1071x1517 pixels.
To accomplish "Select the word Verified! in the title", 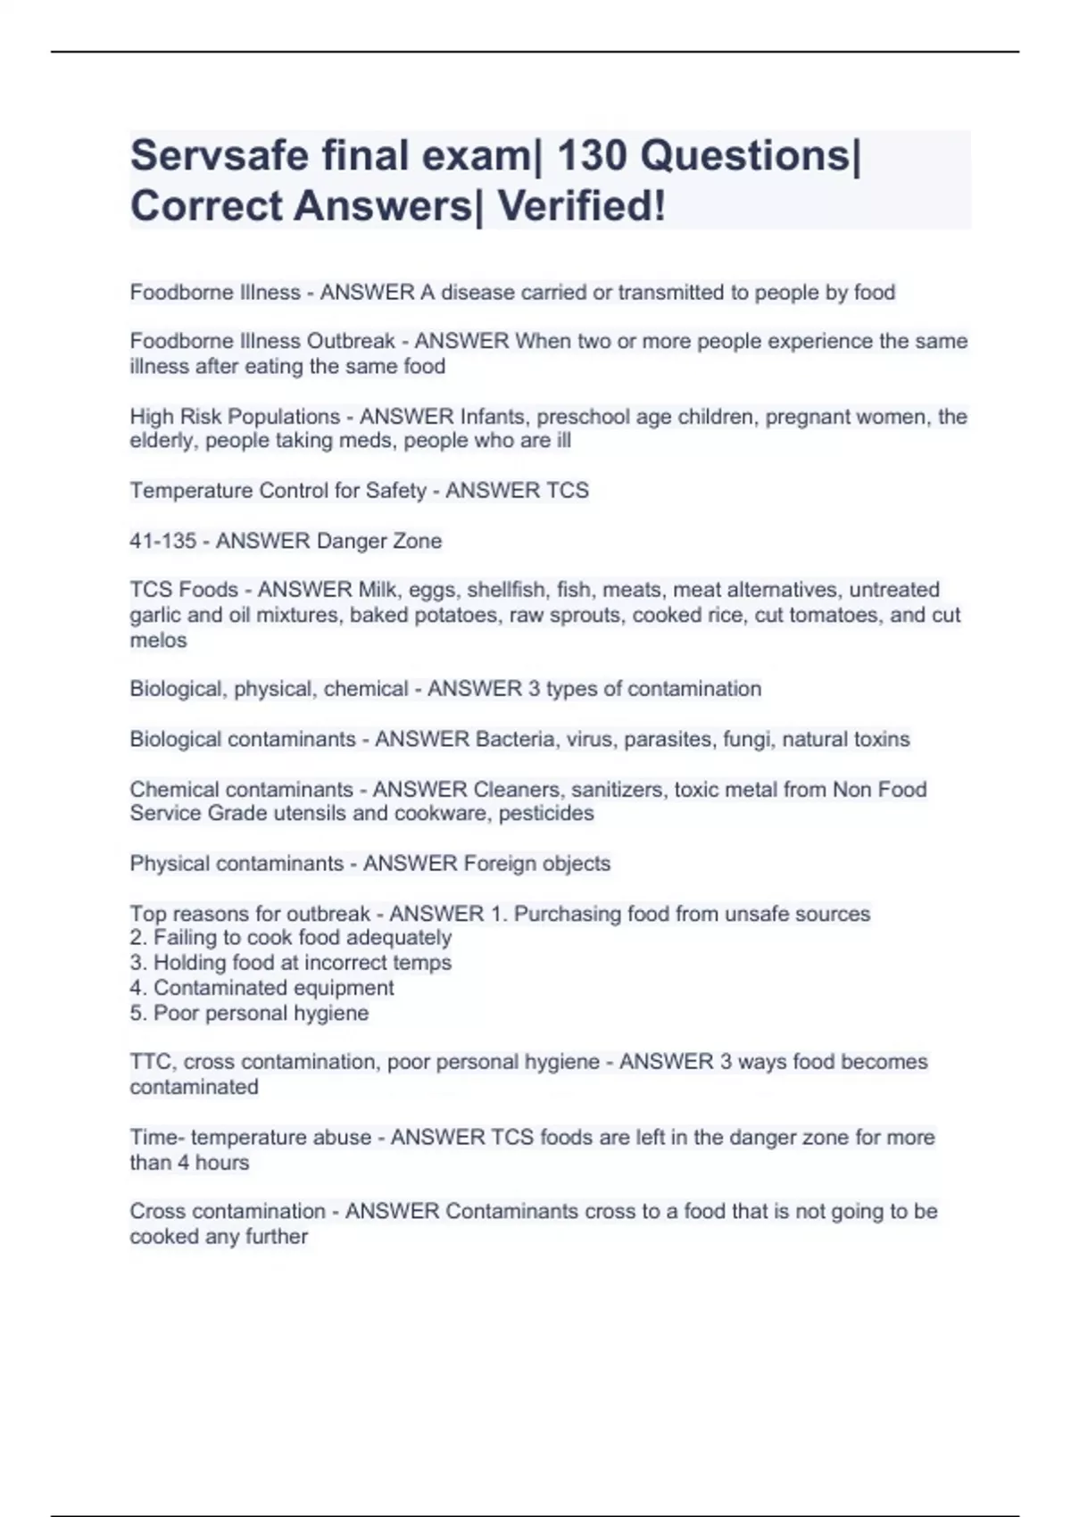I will pos(581,206).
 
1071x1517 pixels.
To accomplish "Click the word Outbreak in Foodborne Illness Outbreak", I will pos(351,342).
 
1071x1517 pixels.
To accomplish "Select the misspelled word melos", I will pos(158,641).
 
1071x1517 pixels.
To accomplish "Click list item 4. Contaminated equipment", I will pos(262,988).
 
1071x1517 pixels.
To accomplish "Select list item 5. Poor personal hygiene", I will pos(249,1013).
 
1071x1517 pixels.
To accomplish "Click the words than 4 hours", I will pos(189,1163).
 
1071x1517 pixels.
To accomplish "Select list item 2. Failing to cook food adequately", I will pos(290,938).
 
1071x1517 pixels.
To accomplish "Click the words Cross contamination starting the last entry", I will pos(228,1212).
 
